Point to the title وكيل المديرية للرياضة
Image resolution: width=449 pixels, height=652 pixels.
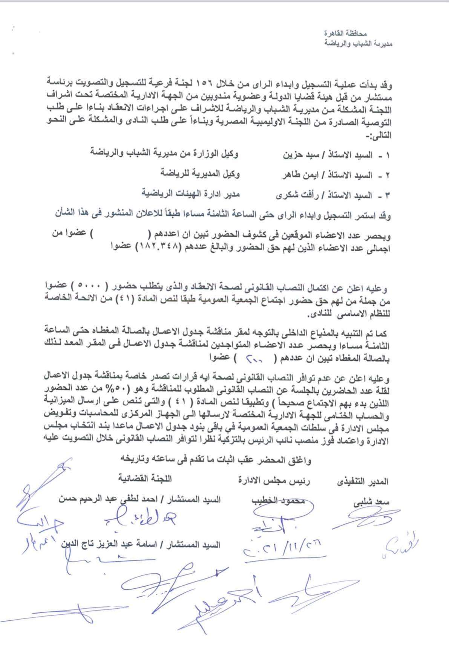pyautogui.click(x=199, y=174)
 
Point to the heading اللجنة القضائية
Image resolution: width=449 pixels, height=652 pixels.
pyautogui.click(x=145, y=479)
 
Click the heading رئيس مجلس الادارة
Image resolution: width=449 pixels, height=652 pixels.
pyautogui.click(x=274, y=481)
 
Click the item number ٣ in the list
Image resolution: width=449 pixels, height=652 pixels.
pyautogui.click(x=387, y=195)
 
